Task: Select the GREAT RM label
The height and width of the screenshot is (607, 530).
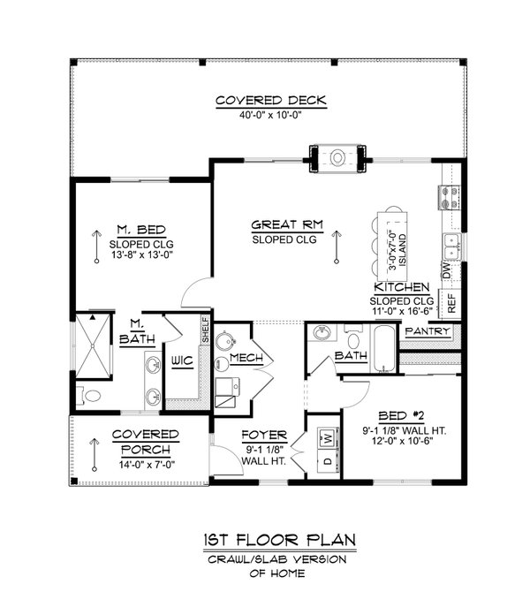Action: tap(285, 224)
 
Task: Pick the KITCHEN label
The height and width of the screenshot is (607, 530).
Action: tap(402, 288)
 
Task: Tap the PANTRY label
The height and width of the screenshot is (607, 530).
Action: tap(428, 332)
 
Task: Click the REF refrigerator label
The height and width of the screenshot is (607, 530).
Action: tap(450, 303)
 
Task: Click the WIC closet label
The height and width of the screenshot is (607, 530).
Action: tap(182, 360)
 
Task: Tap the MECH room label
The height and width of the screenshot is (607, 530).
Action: tap(243, 358)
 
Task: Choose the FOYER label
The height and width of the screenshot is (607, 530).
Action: tap(264, 436)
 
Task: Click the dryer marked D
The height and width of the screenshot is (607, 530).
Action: tap(326, 460)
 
